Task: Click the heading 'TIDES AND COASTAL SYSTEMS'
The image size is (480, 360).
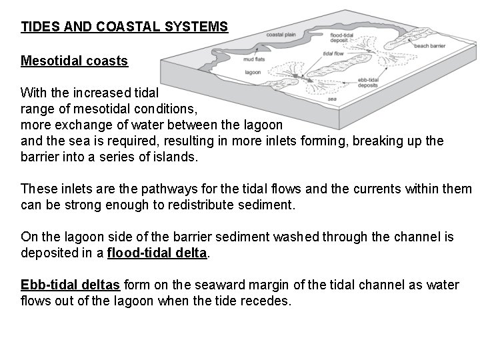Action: pyautogui.click(x=125, y=27)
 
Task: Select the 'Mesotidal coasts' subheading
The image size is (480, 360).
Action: pyautogui.click(x=74, y=61)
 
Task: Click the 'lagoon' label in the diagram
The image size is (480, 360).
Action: pyautogui.click(x=253, y=71)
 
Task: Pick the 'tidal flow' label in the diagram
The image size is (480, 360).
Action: pyautogui.click(x=332, y=54)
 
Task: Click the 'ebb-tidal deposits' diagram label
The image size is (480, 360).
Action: pyautogui.click(x=369, y=82)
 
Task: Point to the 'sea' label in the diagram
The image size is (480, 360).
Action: pyautogui.click(x=332, y=98)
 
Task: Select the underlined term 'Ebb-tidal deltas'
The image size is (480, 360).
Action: pyautogui.click(x=71, y=285)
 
